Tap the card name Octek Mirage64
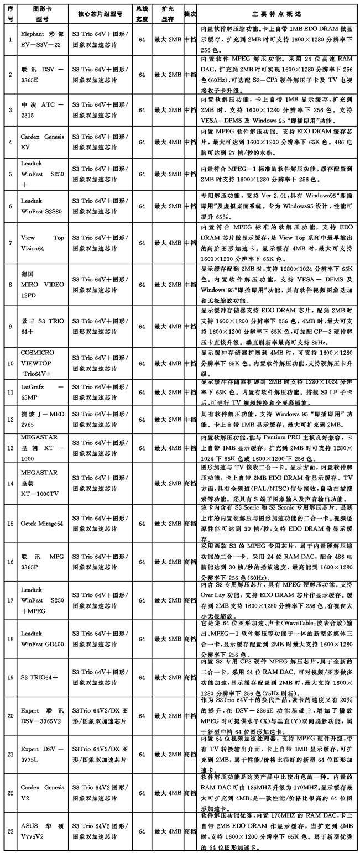tap(42, 523)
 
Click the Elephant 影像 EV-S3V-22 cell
tap(42, 40)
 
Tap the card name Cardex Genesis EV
tap(42, 142)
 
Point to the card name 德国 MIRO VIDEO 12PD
tap(42, 284)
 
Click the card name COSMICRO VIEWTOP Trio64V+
tap(42, 363)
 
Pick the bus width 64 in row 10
tap(142, 363)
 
